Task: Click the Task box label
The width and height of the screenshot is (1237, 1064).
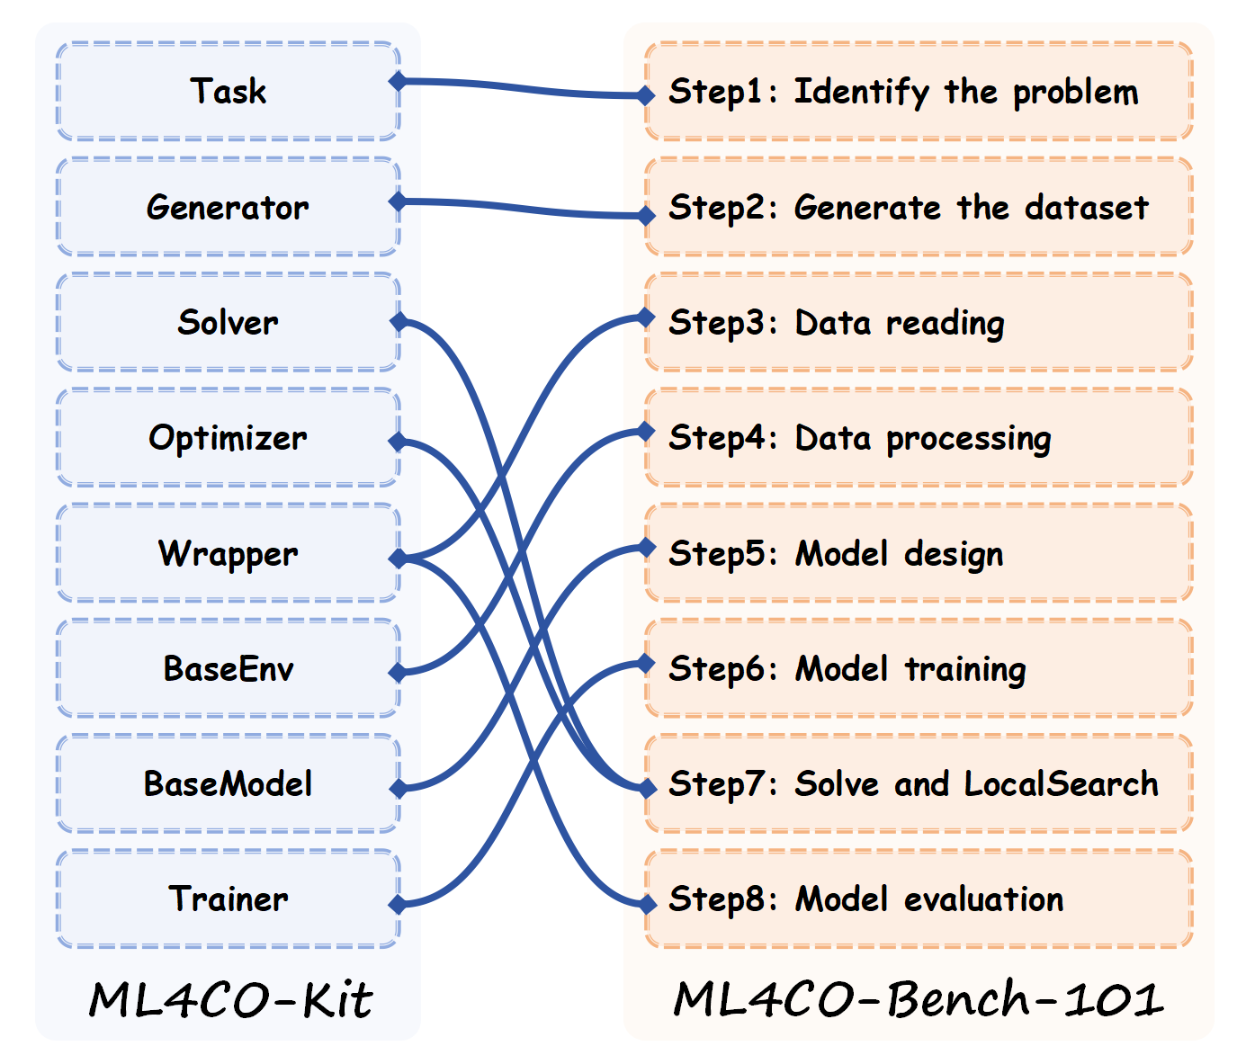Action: (228, 91)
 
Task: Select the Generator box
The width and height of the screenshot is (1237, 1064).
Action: (228, 207)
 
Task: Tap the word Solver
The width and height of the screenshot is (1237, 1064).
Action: (228, 322)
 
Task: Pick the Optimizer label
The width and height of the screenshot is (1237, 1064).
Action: (228, 438)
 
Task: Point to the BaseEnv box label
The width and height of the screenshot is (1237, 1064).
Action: (229, 668)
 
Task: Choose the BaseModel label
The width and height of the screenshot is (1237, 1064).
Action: (229, 783)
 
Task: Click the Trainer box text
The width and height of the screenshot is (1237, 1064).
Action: (229, 899)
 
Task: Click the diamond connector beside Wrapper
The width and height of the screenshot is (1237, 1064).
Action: (398, 559)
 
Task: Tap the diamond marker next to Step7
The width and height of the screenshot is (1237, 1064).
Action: (646, 789)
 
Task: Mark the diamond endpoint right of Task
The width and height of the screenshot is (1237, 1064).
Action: (398, 82)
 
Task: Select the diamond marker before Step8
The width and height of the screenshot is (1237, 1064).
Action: (646, 904)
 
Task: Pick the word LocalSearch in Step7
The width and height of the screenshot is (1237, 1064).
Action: (1061, 784)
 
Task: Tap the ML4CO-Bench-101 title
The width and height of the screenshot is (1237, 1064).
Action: (918, 999)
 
